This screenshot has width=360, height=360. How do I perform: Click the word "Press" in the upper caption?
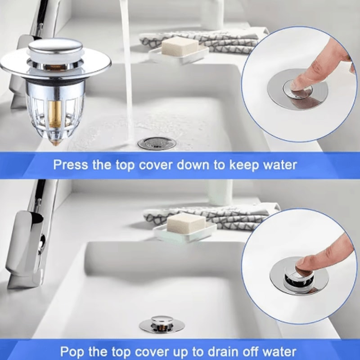pyautogui.click(x=71, y=164)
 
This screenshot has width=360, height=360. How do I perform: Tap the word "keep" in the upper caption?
pyautogui.click(x=242, y=165)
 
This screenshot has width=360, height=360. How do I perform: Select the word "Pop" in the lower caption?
pyautogui.click(x=72, y=351)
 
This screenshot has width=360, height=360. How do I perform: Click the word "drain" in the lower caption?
pyautogui.click(x=224, y=351)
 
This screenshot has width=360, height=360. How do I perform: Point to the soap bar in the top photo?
pyautogui.click(x=180, y=46)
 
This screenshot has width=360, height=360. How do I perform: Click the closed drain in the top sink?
pyautogui.click(x=155, y=143)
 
